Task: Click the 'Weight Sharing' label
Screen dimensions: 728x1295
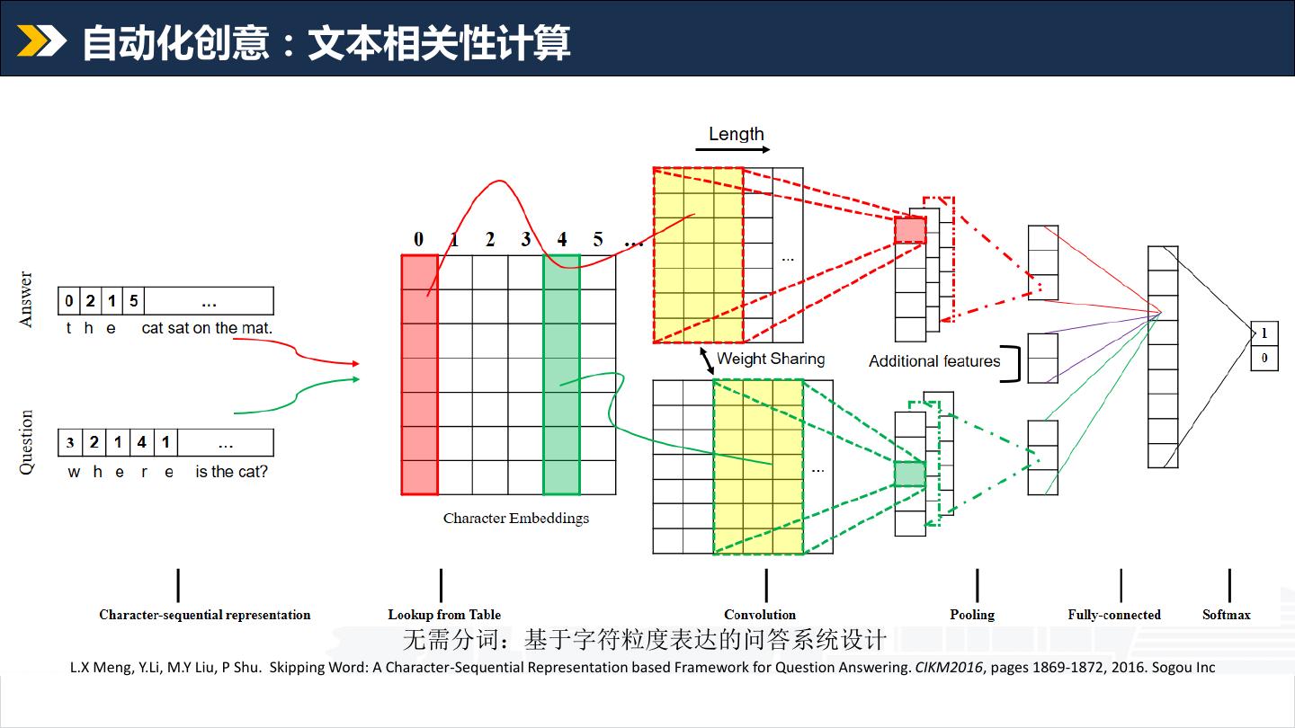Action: pyautogui.click(x=771, y=359)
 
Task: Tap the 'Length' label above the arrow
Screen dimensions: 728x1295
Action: pyautogui.click(x=736, y=134)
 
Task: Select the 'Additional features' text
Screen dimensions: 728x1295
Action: pyautogui.click(x=934, y=361)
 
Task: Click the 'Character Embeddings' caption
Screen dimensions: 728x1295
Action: pyautogui.click(x=516, y=518)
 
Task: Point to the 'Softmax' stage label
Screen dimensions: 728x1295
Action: pyautogui.click(x=1227, y=615)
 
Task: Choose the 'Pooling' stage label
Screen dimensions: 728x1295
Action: pyautogui.click(x=972, y=615)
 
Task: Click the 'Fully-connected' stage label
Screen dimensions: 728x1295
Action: pyautogui.click(x=1114, y=615)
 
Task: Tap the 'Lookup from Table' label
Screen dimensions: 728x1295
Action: pyautogui.click(x=444, y=615)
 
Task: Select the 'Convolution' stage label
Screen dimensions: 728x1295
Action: pyautogui.click(x=760, y=615)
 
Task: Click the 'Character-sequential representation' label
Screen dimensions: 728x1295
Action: pyautogui.click(x=205, y=615)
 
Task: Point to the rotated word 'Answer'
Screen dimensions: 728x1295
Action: pyautogui.click(x=26, y=299)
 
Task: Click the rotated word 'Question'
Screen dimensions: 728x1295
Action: pyautogui.click(x=26, y=442)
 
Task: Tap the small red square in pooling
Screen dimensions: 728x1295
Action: pyautogui.click(x=909, y=231)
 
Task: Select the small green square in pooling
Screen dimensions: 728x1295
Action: pyautogui.click(x=909, y=474)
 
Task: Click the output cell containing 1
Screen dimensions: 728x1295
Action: pyautogui.click(x=1264, y=333)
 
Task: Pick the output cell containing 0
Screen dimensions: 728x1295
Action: pyautogui.click(x=1264, y=358)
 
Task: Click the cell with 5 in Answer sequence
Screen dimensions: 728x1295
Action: pyautogui.click(x=134, y=301)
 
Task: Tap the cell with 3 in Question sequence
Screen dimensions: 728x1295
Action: pyautogui.click(x=70, y=443)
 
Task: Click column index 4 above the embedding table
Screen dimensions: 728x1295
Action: pyautogui.click(x=562, y=240)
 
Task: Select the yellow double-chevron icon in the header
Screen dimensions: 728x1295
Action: pyautogui.click(x=41, y=40)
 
